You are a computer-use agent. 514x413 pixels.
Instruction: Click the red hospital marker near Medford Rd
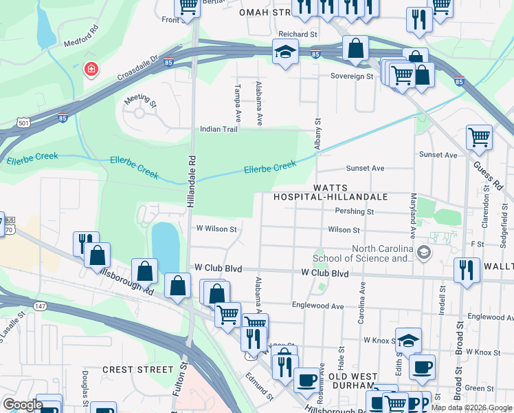click(x=90, y=70)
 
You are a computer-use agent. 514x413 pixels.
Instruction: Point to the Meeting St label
click(x=140, y=100)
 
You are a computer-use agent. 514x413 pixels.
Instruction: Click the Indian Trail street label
click(x=219, y=129)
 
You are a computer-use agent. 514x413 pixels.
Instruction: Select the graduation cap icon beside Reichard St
click(x=284, y=52)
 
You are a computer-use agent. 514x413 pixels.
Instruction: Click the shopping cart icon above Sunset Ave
click(x=479, y=136)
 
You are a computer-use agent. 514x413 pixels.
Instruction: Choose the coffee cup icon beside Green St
click(x=422, y=366)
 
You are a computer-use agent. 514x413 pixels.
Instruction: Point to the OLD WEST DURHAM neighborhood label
click(x=353, y=381)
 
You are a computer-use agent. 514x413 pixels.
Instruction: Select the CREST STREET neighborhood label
click(x=134, y=370)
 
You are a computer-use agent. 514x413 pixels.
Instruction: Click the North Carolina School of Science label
click(x=382, y=254)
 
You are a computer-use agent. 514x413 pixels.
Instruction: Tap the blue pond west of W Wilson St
click(x=166, y=246)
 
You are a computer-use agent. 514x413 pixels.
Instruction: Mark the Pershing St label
click(x=350, y=212)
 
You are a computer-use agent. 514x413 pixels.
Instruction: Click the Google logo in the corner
click(x=22, y=405)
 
